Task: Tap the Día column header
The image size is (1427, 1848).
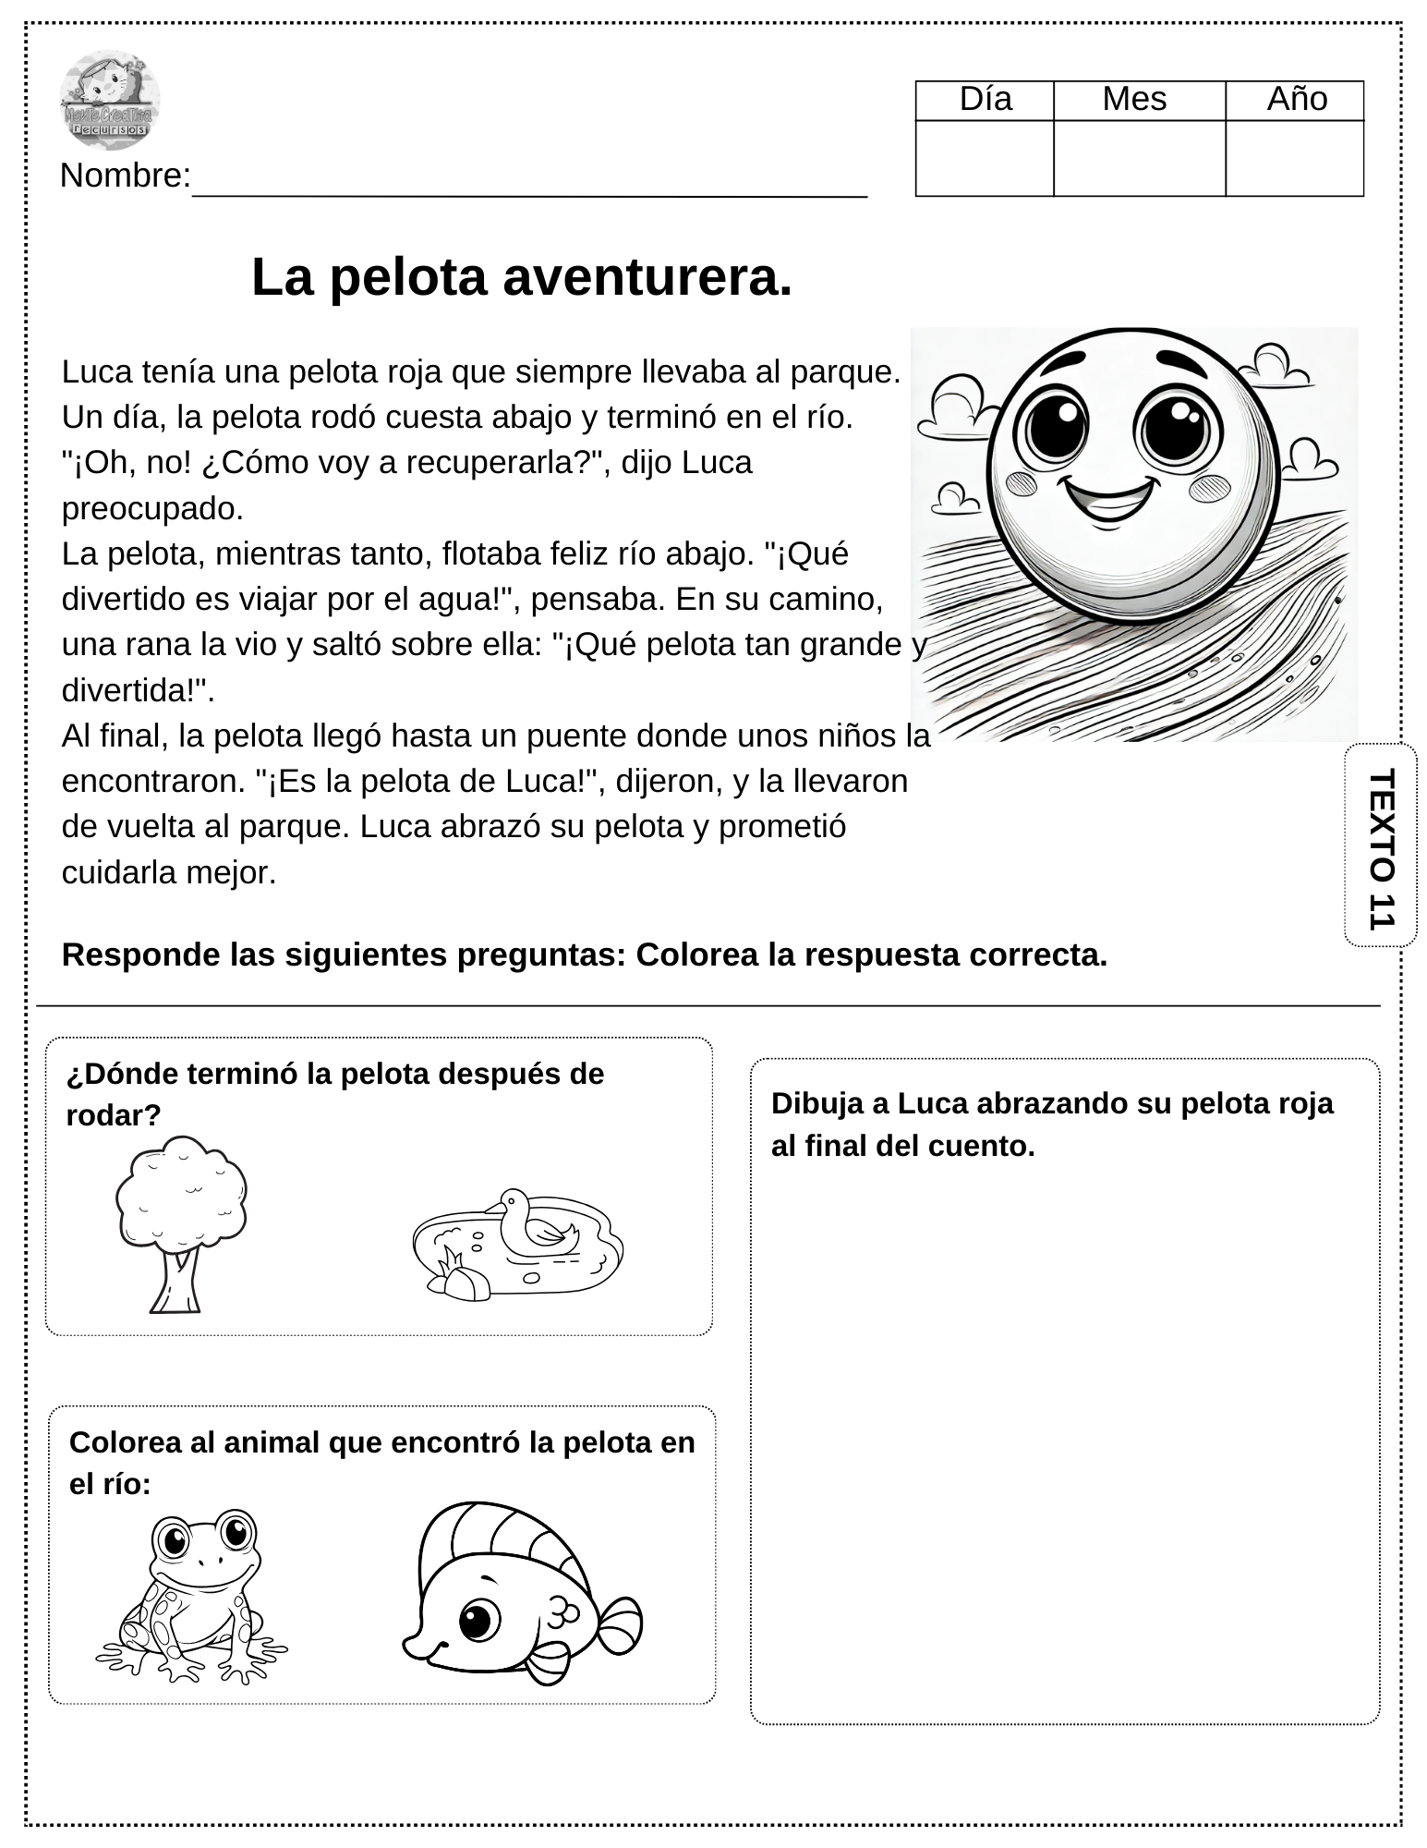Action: pos(986,100)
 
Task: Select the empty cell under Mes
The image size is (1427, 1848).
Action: pos(1139,158)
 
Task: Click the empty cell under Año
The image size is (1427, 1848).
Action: pos(1294,158)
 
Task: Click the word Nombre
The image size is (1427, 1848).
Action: pos(125,176)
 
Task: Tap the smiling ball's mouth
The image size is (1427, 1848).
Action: pos(1109,499)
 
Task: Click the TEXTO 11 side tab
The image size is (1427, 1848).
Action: pos(1380,846)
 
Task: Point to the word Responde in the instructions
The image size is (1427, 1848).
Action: pos(127,954)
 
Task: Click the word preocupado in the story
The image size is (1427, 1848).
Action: pos(152,508)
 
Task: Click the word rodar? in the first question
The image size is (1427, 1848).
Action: pos(113,1115)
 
